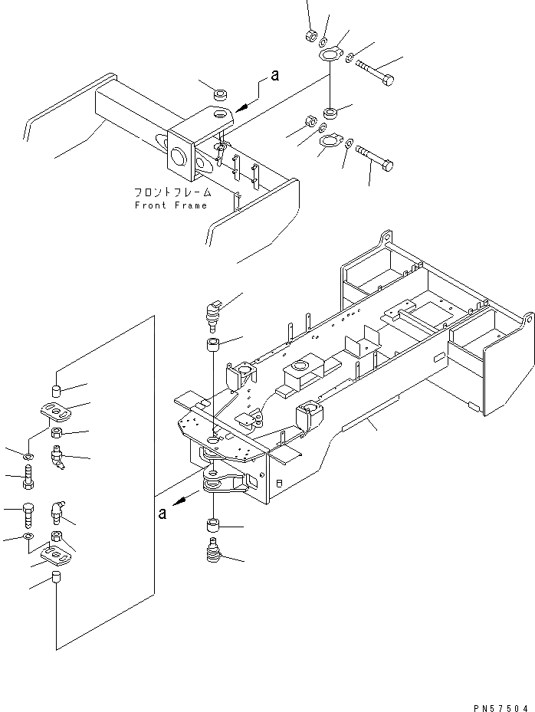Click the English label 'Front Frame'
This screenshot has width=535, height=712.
pyautogui.click(x=171, y=205)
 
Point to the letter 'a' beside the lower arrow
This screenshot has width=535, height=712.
pyautogui.click(x=162, y=513)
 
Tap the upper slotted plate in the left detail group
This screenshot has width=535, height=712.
pyautogui.click(x=57, y=412)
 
